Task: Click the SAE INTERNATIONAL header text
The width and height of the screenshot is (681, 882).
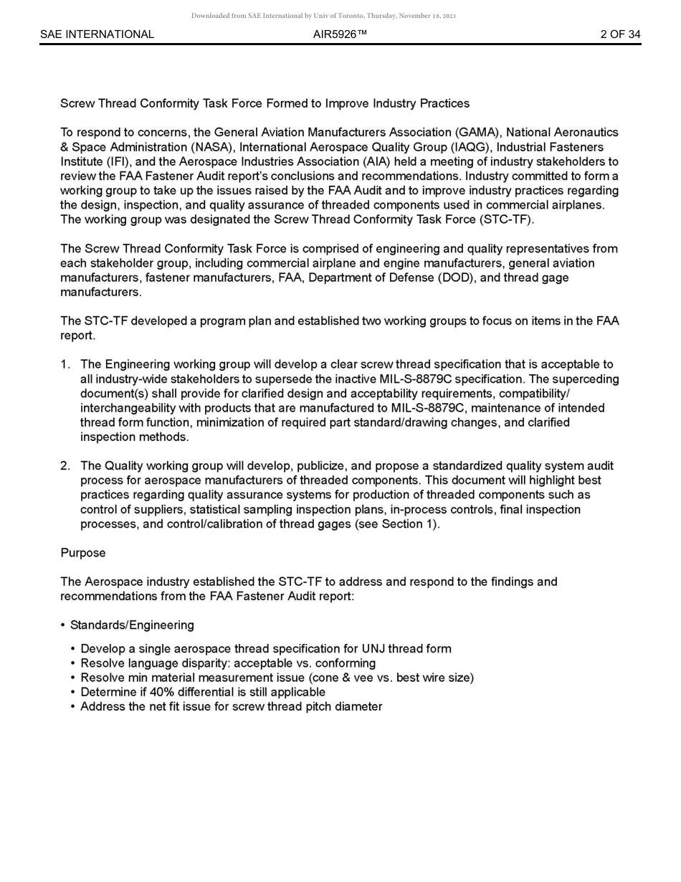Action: (97, 34)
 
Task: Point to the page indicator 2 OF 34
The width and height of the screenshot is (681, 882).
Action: (620, 34)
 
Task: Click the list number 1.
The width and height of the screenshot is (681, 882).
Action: (65, 364)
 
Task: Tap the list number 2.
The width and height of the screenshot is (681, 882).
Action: (65, 466)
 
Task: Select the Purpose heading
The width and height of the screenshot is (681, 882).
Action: (82, 553)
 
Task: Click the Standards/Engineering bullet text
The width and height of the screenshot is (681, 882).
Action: (132, 625)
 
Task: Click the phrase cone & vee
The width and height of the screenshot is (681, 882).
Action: (343, 678)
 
